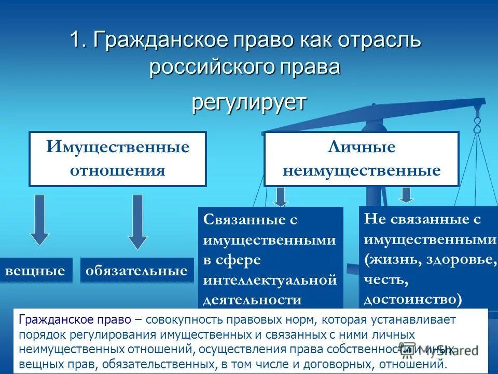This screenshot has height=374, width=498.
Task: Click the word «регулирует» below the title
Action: pos(249,102)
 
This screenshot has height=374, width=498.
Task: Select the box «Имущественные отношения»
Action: pos(118,158)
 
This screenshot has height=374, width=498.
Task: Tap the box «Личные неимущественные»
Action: pos(362,158)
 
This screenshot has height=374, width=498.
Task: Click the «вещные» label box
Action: pos(35,270)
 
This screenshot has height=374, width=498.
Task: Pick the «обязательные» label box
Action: pos(137,270)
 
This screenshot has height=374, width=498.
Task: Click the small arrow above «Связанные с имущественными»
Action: pos(281,196)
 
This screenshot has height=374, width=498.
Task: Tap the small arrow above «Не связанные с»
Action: pos(406,194)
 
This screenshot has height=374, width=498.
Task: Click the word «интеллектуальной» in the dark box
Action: pos(270,280)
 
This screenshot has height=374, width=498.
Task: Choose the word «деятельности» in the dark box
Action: pos(253,300)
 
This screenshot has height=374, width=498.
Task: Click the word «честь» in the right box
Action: pos(386,280)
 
